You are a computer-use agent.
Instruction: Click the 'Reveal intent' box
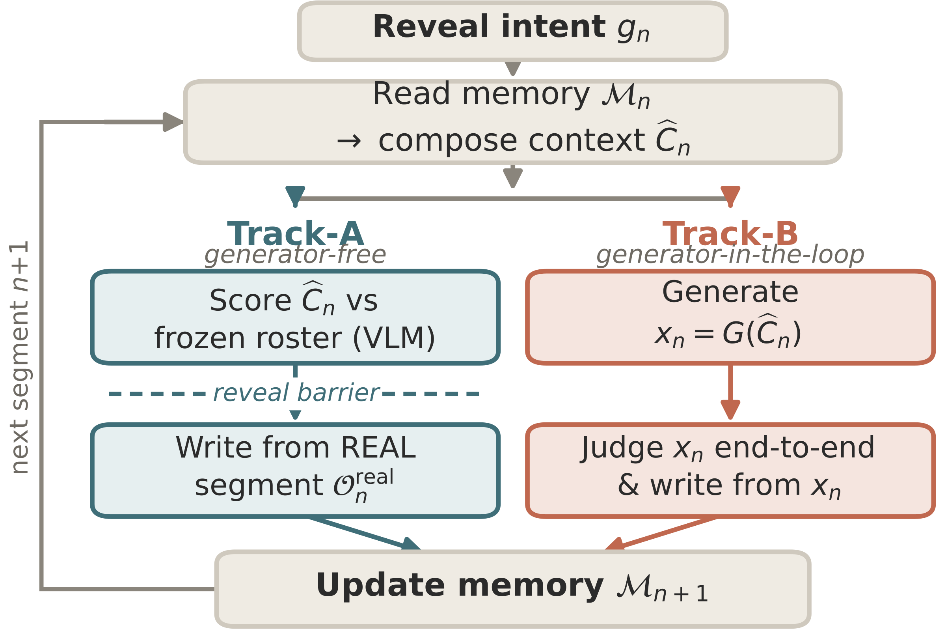click(x=512, y=32)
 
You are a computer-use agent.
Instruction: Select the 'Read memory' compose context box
click(x=512, y=122)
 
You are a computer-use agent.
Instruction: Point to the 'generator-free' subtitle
click(x=295, y=255)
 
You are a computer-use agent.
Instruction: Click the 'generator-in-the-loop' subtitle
click(x=730, y=255)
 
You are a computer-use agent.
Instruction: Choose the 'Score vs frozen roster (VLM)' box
click(x=295, y=317)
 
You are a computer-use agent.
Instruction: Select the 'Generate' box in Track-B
click(x=730, y=317)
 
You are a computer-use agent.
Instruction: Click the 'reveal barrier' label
click(x=296, y=393)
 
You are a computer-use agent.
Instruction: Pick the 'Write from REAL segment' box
click(x=295, y=471)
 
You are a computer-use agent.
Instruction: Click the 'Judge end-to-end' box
click(x=730, y=471)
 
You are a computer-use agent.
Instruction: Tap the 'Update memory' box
click(x=512, y=589)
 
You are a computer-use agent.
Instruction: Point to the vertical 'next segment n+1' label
click(x=19, y=358)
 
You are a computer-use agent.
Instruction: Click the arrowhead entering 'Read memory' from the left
click(x=173, y=122)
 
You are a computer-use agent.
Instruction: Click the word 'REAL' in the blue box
click(x=378, y=448)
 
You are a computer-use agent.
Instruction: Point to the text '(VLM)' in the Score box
click(x=394, y=338)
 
